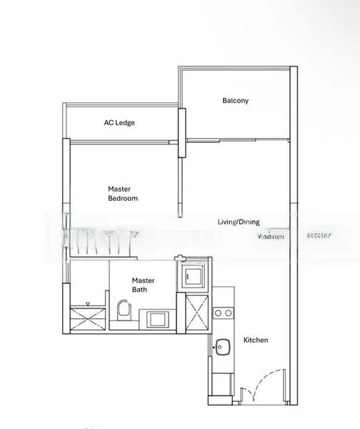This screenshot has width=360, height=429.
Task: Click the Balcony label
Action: tap(235, 101)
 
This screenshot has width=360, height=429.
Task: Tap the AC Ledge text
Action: tap(119, 123)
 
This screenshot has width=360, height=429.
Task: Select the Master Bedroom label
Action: tap(122, 193)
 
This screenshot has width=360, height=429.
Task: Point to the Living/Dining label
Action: tap(239, 222)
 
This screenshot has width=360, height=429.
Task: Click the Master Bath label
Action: tap(144, 285)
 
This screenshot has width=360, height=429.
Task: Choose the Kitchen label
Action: tap(256, 340)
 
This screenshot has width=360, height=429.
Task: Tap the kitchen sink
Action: tap(221, 347)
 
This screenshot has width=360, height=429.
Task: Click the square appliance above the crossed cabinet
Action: tap(196, 274)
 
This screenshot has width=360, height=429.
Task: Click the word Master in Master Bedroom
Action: tap(119, 189)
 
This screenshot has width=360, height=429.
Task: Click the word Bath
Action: tap(140, 290)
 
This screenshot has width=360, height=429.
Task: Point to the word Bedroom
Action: tap(123, 198)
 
